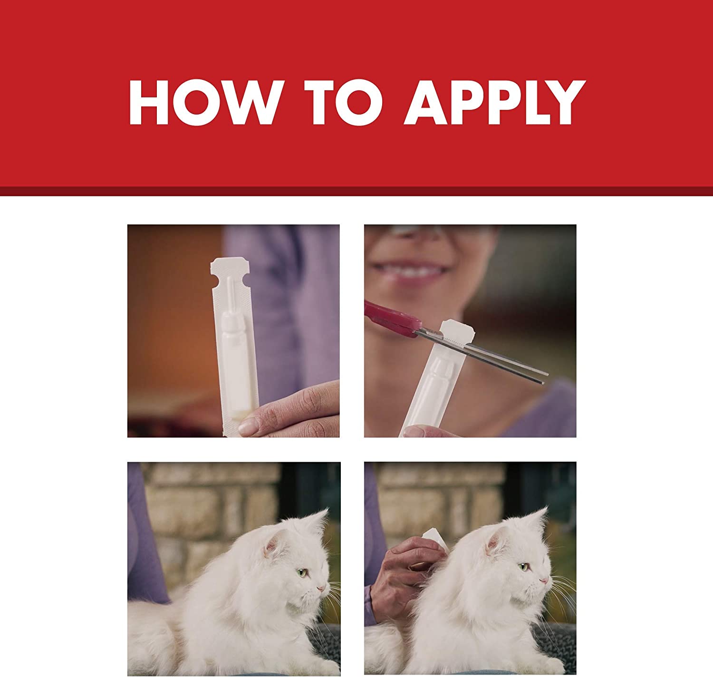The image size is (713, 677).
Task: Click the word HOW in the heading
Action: coord(206,103)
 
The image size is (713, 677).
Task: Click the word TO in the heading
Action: coord(343,103)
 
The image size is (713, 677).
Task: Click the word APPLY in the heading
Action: coord(495,103)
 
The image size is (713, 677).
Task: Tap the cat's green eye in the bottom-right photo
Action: coord(523,566)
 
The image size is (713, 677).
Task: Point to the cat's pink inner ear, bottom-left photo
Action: coord(271,546)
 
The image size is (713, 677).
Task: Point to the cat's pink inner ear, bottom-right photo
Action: coord(494,540)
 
